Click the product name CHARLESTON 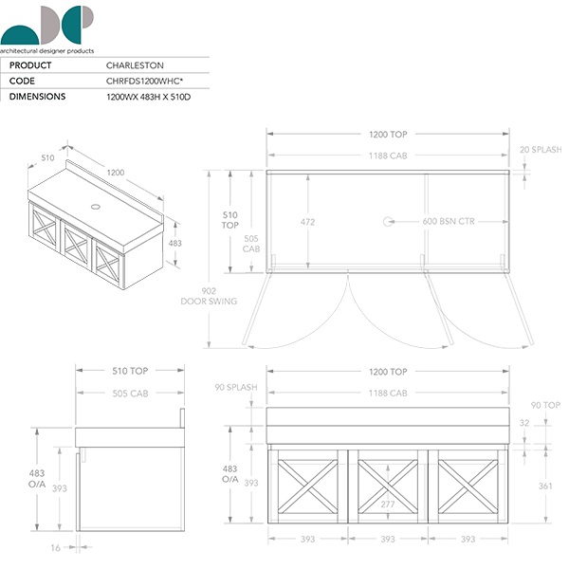point(135,65)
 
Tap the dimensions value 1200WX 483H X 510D point(156,97)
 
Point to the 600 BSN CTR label point(448,222)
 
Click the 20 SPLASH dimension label point(540,150)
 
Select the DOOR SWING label point(209,302)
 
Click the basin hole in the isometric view point(95,204)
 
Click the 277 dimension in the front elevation point(387,504)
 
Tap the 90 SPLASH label point(236,388)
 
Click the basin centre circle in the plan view point(387,222)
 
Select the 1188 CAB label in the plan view point(387,155)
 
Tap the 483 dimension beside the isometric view point(174,244)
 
